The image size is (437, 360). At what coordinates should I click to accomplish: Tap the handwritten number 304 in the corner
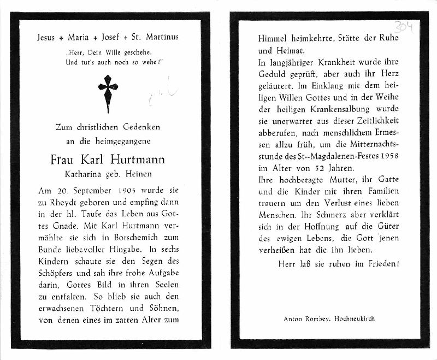(x=405, y=26)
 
